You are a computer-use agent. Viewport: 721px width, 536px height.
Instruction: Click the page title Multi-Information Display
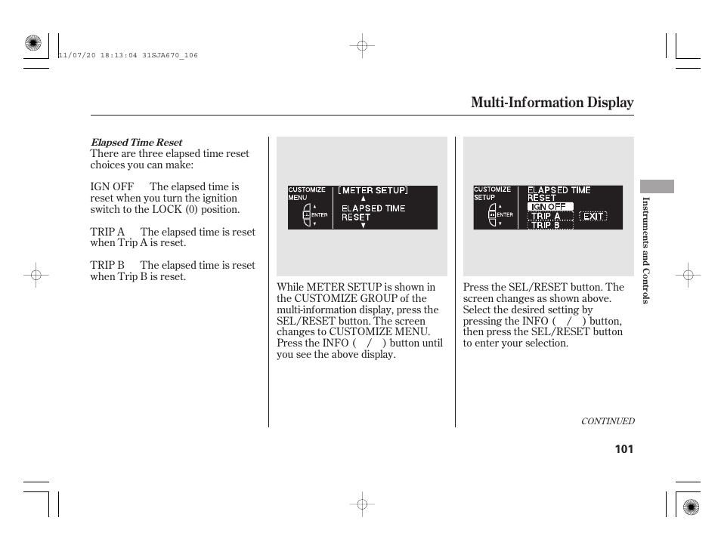[552, 103]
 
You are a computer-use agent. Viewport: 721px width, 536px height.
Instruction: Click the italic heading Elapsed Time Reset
[136, 142]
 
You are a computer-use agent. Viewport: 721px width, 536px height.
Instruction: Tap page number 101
[624, 449]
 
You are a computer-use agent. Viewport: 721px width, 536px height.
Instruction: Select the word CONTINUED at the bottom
[607, 421]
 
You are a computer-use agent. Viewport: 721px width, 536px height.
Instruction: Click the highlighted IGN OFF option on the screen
[549, 206]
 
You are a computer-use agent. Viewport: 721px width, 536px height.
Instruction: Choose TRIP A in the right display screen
[546, 216]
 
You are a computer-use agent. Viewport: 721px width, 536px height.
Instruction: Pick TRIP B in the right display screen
[546, 225]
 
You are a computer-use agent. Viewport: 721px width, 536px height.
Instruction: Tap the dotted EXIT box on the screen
[593, 216]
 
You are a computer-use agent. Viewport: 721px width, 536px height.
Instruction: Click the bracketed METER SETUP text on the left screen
[373, 190]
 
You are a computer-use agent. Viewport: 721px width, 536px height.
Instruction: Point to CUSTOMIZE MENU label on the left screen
[306, 193]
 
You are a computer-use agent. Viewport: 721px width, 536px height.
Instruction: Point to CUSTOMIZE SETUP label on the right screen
[492, 193]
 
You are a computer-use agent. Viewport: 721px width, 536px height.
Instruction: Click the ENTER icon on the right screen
[500, 214]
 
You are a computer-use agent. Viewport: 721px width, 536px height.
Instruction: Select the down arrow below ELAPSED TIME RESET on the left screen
[363, 225]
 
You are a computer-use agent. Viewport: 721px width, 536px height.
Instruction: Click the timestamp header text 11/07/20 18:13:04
[127, 55]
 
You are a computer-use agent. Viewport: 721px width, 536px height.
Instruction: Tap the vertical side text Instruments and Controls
[646, 250]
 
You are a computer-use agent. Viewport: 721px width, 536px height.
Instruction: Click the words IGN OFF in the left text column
[112, 186]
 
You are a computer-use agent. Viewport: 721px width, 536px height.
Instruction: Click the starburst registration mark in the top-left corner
[32, 44]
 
